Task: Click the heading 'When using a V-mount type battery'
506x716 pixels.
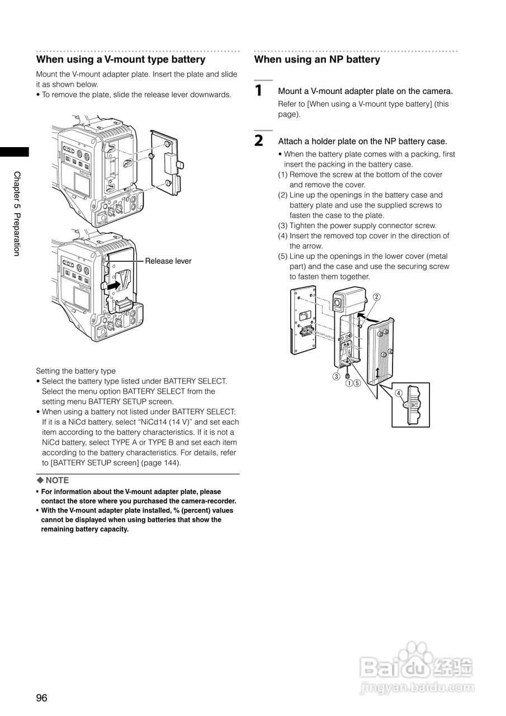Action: (121, 59)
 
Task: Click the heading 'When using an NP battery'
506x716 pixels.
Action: (317, 59)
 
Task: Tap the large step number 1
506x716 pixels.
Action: (258, 90)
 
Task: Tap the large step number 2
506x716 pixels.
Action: (258, 140)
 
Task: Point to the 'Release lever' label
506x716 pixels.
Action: (168, 261)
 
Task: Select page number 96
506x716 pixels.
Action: (42, 698)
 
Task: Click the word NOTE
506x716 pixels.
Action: (57, 480)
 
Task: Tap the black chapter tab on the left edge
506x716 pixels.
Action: (14, 152)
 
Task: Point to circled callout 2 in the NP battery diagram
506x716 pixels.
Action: (377, 296)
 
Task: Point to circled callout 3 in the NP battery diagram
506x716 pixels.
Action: (337, 376)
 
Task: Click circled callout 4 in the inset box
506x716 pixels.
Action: (399, 393)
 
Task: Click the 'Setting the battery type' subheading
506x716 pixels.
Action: (75, 371)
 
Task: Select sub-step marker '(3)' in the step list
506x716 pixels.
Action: (283, 225)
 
